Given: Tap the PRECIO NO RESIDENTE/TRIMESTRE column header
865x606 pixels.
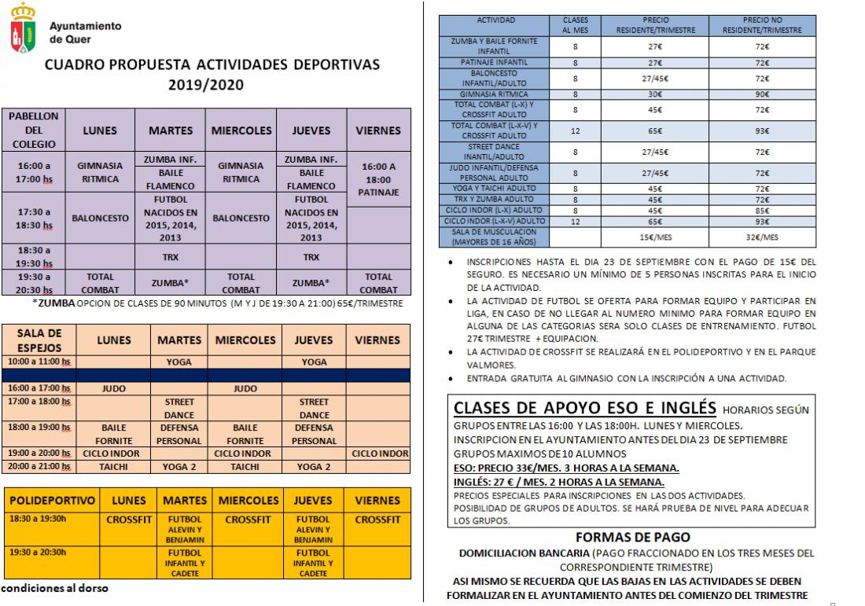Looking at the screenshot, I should [x=762, y=25].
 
